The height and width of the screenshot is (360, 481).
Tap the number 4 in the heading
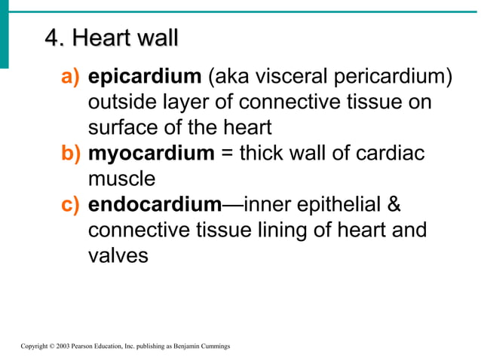51,37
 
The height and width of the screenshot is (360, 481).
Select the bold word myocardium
152,154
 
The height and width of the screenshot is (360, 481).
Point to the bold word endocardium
155,205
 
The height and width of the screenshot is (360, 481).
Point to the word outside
121,102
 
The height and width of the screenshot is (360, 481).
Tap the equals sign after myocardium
227,154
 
